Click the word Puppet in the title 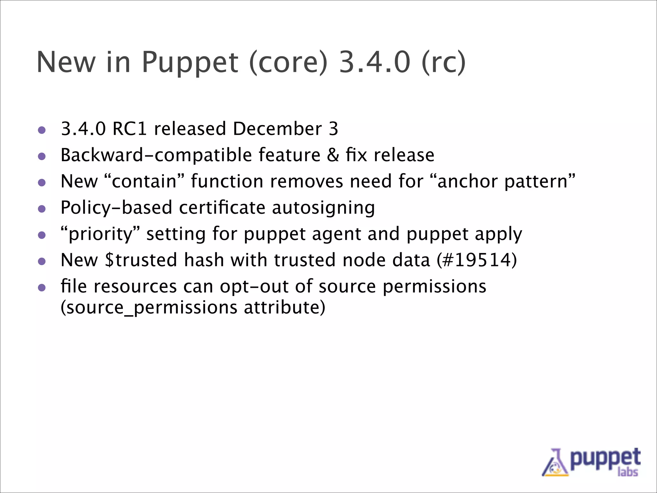tap(190, 63)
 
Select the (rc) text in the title tap(444, 63)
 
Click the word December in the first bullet tap(277, 129)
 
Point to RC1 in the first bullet tap(130, 129)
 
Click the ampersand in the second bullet tap(333, 155)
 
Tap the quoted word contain tap(144, 181)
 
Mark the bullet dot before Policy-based tap(42, 209)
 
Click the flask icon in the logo tap(555, 463)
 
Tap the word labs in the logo tap(627, 472)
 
